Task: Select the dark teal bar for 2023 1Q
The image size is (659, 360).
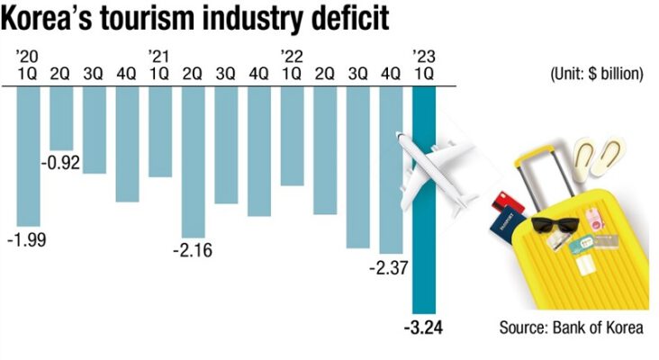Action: pyautogui.click(x=424, y=207)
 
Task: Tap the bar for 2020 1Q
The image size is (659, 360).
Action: pyautogui.click(x=28, y=157)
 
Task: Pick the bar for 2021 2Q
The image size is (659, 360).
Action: pyautogui.click(x=194, y=162)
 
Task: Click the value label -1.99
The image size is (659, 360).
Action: pyautogui.click(x=26, y=239)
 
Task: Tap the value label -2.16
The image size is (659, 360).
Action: pyautogui.click(x=193, y=250)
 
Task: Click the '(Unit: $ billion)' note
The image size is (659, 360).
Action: pyautogui.click(x=595, y=75)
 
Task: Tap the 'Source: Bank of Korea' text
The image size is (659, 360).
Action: pyautogui.click(x=571, y=328)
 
